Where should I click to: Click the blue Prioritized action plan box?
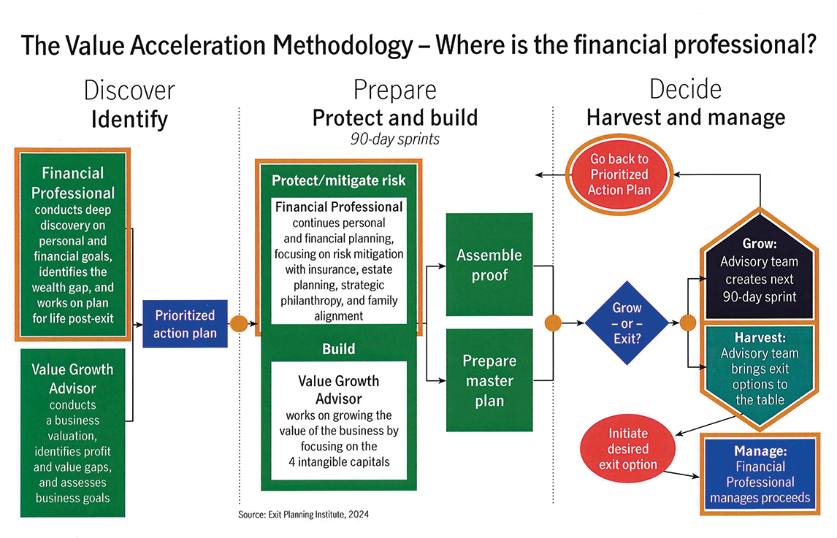[185, 324]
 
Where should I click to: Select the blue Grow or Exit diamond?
[627, 321]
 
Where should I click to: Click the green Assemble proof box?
[489, 264]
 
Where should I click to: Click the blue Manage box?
[760, 474]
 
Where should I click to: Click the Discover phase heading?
[129, 90]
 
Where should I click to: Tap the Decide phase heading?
[685, 89]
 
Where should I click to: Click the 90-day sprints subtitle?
[394, 138]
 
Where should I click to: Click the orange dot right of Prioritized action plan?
[239, 323]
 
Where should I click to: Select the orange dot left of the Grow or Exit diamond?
[553, 322]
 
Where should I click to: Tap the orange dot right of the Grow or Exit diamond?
[687, 322]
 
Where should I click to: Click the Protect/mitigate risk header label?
[338, 180]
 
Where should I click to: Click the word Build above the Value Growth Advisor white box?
[338, 349]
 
